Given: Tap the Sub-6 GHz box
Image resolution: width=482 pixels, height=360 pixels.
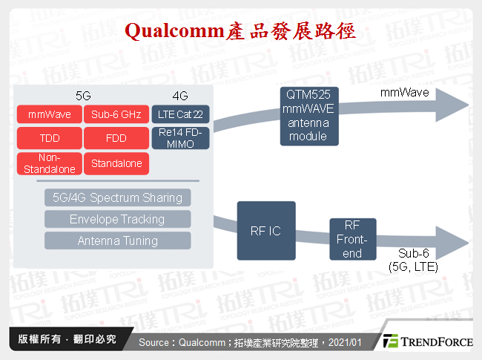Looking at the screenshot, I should coord(116,115).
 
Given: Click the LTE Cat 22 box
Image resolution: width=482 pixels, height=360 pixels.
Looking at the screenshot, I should coord(180,115).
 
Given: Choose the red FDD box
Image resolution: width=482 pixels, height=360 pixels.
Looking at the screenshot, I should coord(116,138).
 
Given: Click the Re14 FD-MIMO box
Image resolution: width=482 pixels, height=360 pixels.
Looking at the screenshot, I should coord(180,138).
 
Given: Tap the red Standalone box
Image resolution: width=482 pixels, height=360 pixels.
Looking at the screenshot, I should coord(116,163).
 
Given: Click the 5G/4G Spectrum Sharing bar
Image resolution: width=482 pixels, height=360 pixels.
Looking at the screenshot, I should coord(117,197).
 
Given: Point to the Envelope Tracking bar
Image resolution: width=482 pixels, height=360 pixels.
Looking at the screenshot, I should coord(117,219).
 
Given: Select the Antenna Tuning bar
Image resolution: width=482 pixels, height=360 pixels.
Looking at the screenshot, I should coord(117,240).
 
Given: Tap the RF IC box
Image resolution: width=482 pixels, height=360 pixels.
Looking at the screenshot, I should coord(265,231).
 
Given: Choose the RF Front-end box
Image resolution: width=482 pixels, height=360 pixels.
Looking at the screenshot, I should coord(352,238).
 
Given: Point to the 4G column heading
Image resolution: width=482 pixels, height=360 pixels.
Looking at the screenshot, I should coord(180,96).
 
